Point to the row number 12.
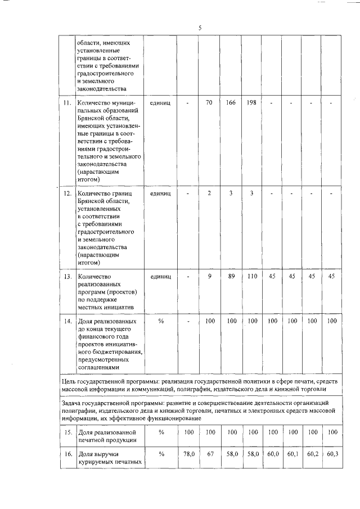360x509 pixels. (67, 193)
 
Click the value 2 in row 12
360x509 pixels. (209, 193)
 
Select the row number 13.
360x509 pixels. (67, 276)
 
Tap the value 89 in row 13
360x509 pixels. (231, 276)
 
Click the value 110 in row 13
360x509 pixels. (252, 276)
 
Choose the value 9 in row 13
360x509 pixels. (209, 276)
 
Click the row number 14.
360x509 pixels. (67, 321)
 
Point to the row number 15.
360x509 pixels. (67, 432)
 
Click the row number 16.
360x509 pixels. (67, 454)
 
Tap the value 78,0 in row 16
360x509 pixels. (188, 454)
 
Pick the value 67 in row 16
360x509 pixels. (209, 454)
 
